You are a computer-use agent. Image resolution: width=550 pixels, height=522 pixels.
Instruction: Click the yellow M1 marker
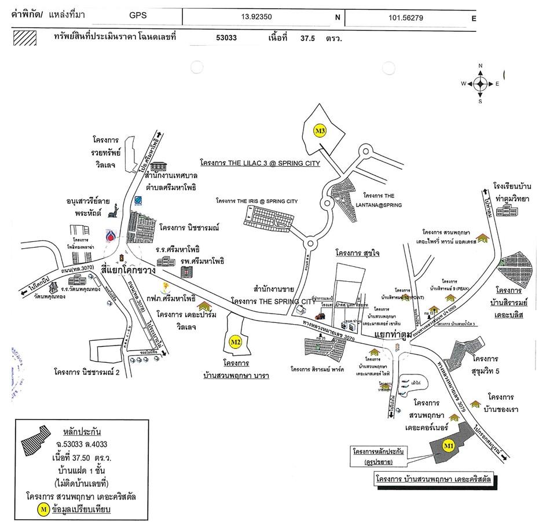pos(448,446)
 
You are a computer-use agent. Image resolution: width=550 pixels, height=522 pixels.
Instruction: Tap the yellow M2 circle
pos(235,342)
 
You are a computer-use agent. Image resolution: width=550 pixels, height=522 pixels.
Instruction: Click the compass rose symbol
pos(480,84)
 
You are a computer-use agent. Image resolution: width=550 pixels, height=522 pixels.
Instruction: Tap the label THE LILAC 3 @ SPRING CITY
pos(260,164)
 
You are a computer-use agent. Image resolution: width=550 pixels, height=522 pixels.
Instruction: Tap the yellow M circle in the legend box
pos(43,509)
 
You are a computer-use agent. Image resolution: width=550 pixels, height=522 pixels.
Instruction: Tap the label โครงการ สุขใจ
pos(357,253)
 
